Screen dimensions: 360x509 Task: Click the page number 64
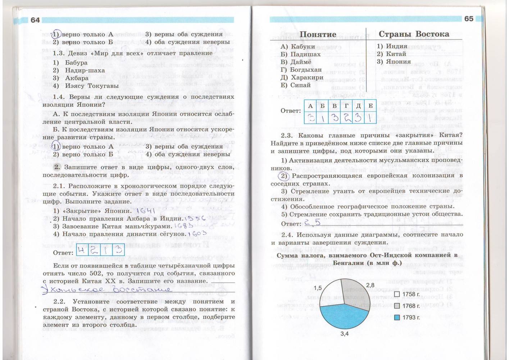pyautogui.click(x=35, y=20)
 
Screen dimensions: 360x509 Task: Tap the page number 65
pyautogui.click(x=469, y=19)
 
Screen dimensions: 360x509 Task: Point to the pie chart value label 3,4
pyautogui.click(x=344, y=334)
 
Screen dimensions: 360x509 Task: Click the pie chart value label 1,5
pyautogui.click(x=318, y=288)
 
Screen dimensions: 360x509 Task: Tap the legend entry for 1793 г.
pyautogui.click(x=408, y=318)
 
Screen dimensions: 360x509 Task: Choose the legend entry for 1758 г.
pyautogui.click(x=408, y=294)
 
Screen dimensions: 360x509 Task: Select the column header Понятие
pyautogui.click(x=318, y=34)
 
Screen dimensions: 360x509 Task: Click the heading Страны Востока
pyautogui.click(x=414, y=34)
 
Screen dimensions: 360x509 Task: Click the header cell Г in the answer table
pyautogui.click(x=346, y=106)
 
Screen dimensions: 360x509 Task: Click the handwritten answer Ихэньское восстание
pyautogui.click(x=106, y=289)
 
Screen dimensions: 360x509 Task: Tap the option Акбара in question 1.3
pyautogui.click(x=77, y=78)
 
